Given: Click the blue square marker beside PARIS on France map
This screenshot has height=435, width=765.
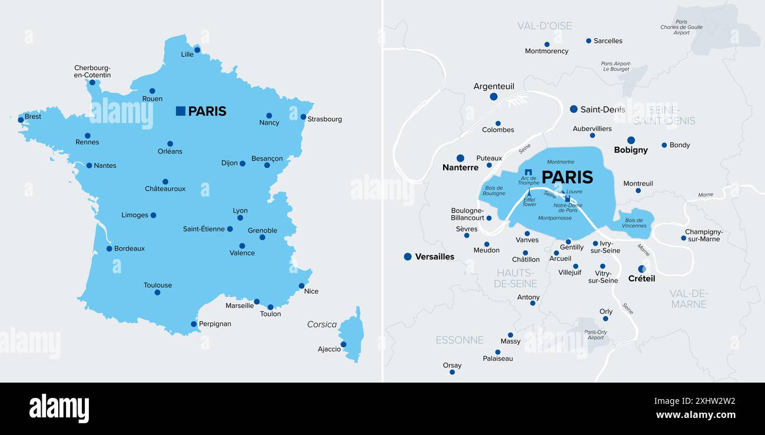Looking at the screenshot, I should point(181,111).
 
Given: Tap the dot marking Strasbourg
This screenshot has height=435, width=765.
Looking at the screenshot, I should point(303,117).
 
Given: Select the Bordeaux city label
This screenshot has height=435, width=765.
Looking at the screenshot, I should point(129,248).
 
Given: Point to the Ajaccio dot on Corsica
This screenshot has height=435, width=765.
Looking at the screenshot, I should point(343,344).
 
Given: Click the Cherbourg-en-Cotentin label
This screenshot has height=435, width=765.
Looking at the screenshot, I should point(92,71).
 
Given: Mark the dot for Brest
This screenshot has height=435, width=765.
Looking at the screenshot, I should point(21,119).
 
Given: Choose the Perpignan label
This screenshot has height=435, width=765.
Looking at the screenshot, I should point(215,324).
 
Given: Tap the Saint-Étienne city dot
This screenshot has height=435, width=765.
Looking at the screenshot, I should point(230,229).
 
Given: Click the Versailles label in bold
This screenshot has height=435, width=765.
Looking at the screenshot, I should point(434,257).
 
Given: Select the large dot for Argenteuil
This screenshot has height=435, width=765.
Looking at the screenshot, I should point(494,97).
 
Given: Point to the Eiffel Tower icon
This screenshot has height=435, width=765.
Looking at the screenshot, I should point(529,192).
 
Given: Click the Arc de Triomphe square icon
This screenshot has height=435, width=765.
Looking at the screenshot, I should point(528,172).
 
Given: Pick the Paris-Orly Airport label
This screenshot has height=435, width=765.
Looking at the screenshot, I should point(596,334).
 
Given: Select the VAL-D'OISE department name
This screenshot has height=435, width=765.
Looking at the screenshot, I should point(544,26).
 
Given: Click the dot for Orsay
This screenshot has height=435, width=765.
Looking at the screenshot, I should point(452,372).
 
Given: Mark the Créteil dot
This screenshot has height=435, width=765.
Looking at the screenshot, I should point(641,269).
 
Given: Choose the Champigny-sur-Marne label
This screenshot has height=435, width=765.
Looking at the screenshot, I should point(704,235).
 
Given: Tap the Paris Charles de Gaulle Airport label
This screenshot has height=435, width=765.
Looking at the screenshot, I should point(681,27).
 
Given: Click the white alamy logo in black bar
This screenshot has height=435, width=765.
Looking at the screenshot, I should point(59,409).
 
